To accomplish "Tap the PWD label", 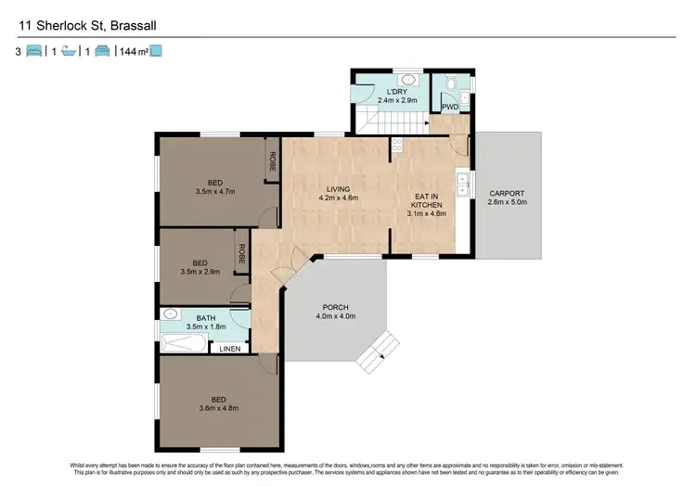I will click(x=450, y=108).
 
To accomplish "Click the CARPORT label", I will click(x=507, y=195).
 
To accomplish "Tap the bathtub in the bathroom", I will click(x=186, y=344).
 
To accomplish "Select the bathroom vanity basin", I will click(x=170, y=315).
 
